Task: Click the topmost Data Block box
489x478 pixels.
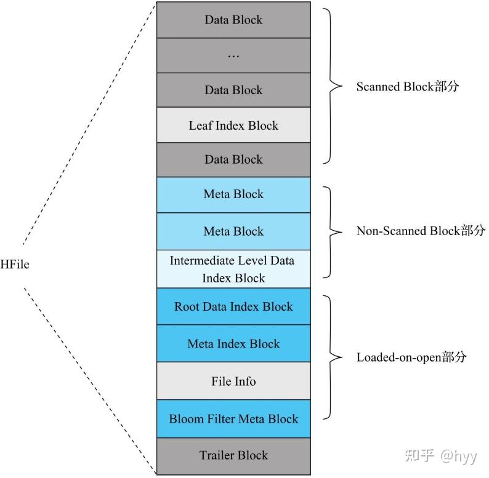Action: pyautogui.click(x=233, y=20)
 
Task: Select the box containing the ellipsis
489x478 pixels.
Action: pyautogui.click(x=233, y=55)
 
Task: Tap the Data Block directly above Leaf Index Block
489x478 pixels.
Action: pyautogui.click(x=233, y=90)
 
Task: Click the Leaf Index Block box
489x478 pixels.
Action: pyautogui.click(x=233, y=125)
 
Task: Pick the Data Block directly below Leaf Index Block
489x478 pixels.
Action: pyautogui.click(x=233, y=159)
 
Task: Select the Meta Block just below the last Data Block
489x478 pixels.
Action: pyautogui.click(x=233, y=194)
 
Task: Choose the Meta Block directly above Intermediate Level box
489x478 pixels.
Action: pyautogui.click(x=233, y=231)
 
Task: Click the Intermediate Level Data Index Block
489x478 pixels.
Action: pyautogui.click(x=233, y=269)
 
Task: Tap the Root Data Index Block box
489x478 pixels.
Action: pyautogui.click(x=233, y=306)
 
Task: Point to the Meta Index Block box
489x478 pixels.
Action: pyautogui.click(x=233, y=344)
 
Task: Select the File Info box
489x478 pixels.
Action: pyautogui.click(x=233, y=381)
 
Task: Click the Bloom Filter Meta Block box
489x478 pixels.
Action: pyautogui.click(x=233, y=419)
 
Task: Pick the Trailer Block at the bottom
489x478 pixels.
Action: pyautogui.click(x=233, y=456)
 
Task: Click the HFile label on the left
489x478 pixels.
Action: pyautogui.click(x=15, y=265)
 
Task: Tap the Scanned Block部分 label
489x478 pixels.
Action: pyautogui.click(x=408, y=87)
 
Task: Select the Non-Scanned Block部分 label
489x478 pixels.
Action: pyautogui.click(x=421, y=231)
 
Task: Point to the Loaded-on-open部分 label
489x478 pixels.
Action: pyautogui.click(x=411, y=357)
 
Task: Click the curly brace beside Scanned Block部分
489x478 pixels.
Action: pyautogui.click(x=333, y=87)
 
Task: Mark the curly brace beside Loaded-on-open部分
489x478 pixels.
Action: pyautogui.click(x=333, y=357)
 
